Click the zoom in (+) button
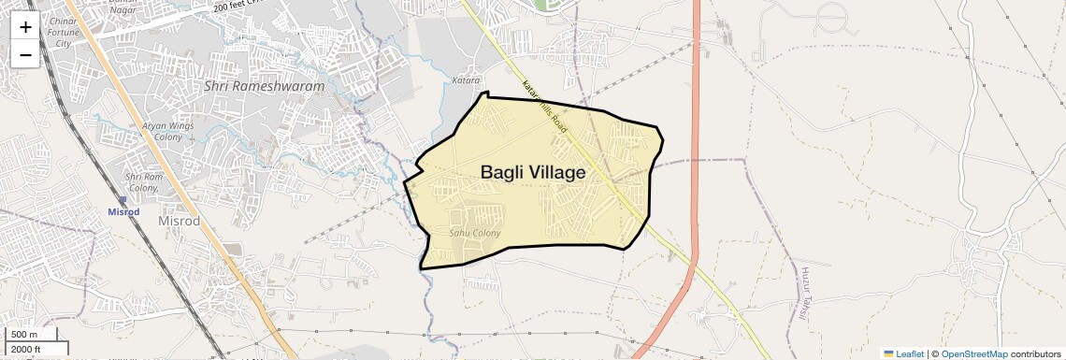point(25,26)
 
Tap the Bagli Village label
point(533,173)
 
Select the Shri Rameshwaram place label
point(265,86)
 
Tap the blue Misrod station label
point(122,211)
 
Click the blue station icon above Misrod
point(122,199)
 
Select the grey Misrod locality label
point(180,221)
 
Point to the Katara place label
point(467,81)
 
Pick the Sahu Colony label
point(475,233)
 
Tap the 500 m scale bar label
point(24,335)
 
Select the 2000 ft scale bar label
point(26,350)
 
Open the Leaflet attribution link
point(904,353)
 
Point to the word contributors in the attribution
point(1035,353)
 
